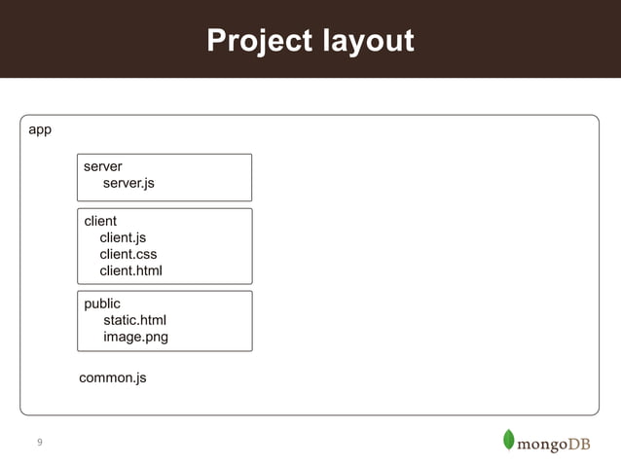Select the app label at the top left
point(40,129)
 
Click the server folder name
point(103,167)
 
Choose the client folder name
point(100,222)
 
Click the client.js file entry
point(123,237)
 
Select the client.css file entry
point(128,254)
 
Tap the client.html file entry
point(130,270)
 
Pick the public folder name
point(102,304)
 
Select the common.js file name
point(113,377)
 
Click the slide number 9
point(40,444)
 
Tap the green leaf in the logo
point(508,440)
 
